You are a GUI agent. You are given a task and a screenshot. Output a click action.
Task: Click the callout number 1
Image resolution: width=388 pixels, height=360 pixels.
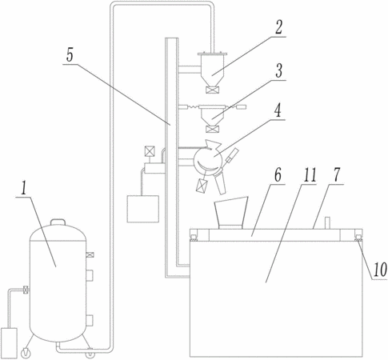pyautogui.click(x=24, y=189)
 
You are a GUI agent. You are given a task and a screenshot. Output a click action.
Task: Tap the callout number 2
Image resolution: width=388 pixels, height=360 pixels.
pyautogui.click(x=278, y=27)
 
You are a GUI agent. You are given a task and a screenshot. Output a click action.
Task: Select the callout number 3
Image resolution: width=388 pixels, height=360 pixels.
pyautogui.click(x=278, y=70)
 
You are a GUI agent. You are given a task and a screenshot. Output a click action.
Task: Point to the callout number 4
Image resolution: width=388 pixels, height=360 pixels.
pyautogui.click(x=278, y=110)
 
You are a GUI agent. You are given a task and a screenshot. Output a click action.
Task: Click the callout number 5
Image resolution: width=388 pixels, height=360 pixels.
pyautogui.click(x=70, y=55)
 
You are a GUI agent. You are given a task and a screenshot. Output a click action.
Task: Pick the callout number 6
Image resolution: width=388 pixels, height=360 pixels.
pyautogui.click(x=278, y=175)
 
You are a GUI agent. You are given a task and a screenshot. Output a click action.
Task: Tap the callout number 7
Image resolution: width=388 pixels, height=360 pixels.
pyautogui.click(x=337, y=175)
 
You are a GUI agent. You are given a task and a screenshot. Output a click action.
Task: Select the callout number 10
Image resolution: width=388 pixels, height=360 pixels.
pyautogui.click(x=380, y=270)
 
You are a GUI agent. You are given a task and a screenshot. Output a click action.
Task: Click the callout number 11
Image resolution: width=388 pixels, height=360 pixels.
pyautogui.click(x=310, y=175)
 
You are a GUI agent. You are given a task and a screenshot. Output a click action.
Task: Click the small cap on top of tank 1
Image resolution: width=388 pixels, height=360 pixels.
pyautogui.click(x=58, y=222)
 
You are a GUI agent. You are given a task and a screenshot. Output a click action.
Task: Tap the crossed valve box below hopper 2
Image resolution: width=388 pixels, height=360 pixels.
pyautogui.click(x=213, y=90)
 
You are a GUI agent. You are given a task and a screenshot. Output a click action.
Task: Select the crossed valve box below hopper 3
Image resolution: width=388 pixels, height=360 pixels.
pyautogui.click(x=213, y=129)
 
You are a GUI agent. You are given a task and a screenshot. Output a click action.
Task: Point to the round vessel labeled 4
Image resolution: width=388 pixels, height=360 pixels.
pyautogui.click(x=208, y=160)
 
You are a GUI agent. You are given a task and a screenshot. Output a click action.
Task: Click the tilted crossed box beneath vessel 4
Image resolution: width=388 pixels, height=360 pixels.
pyautogui.click(x=202, y=185)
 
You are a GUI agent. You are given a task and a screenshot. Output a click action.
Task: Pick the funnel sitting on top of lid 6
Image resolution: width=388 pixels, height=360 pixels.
pyautogui.click(x=231, y=213)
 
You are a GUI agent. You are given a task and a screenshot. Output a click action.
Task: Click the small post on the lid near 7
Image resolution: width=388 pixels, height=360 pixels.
pyautogui.click(x=327, y=223)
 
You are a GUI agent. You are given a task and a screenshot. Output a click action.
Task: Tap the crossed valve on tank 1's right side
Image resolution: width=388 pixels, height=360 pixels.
pyautogui.click(x=90, y=254)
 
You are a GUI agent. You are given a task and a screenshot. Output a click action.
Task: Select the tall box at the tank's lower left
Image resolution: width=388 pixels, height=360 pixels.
pyautogui.click(x=9, y=343)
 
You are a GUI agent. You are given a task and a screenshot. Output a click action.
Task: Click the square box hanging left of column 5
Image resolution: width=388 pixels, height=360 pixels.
pyautogui.click(x=143, y=209)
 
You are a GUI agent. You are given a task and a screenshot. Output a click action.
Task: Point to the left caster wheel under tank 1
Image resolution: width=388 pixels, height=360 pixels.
pyautogui.click(x=26, y=353)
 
